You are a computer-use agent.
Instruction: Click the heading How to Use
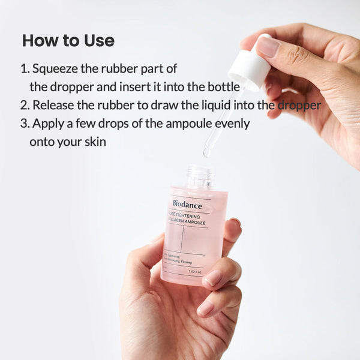point(68,41)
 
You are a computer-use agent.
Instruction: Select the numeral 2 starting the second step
point(24,105)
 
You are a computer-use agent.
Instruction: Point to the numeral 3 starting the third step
point(24,124)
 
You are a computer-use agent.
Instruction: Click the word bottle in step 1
point(224,86)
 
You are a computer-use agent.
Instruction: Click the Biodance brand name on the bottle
point(187,204)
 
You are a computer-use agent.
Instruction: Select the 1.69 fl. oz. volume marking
point(196,271)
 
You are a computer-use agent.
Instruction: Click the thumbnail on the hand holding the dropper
point(267,47)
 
